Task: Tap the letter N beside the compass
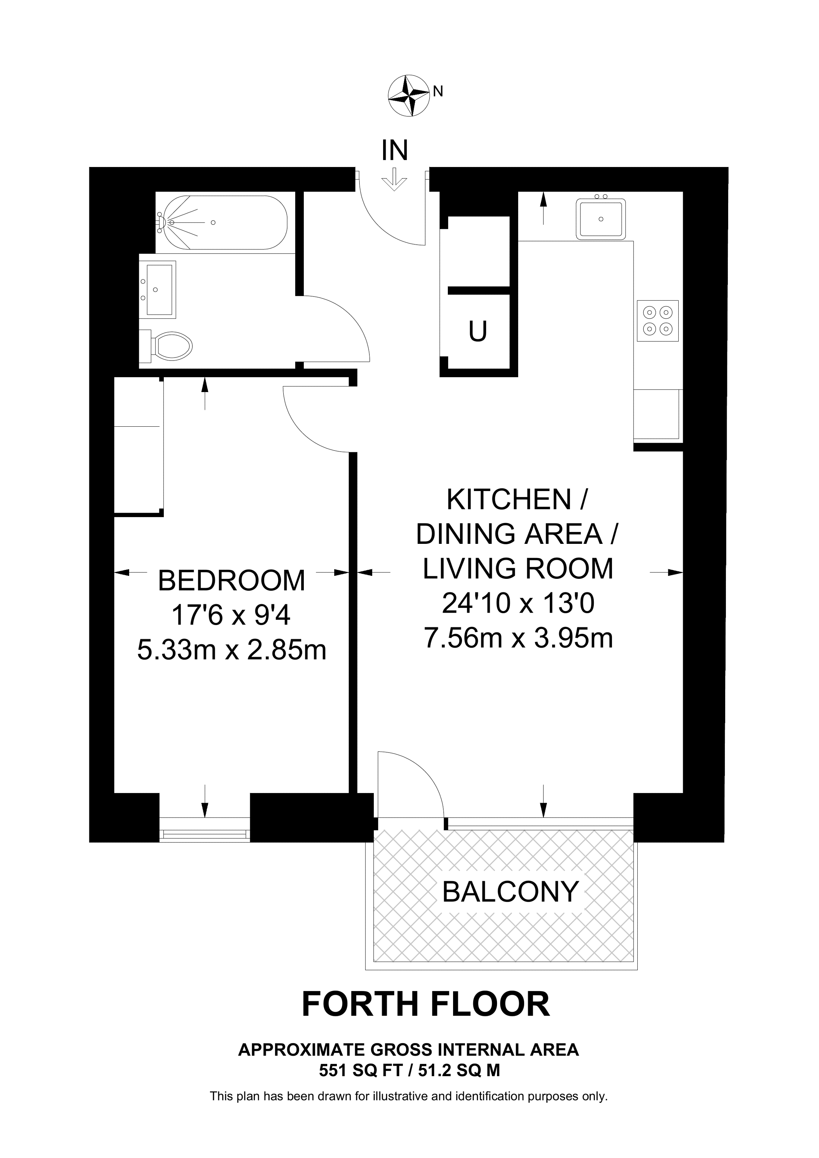pos(438,91)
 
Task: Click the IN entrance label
pos(395,150)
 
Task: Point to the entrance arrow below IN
pos(394,180)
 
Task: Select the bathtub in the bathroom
pos(222,222)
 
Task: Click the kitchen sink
pos(600,219)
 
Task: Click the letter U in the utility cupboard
pos(478,332)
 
